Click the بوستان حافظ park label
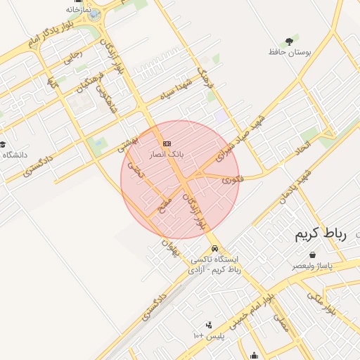point(290,52)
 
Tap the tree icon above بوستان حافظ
point(290,41)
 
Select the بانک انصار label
point(167,153)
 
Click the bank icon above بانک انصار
point(167,143)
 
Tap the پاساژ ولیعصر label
point(312,266)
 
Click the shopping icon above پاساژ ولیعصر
point(312,256)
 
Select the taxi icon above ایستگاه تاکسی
point(214,249)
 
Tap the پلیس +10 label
point(208,337)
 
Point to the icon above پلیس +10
point(208,326)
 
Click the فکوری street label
point(232,180)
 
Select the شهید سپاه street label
point(175,91)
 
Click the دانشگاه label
point(15,155)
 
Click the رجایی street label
point(72,58)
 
